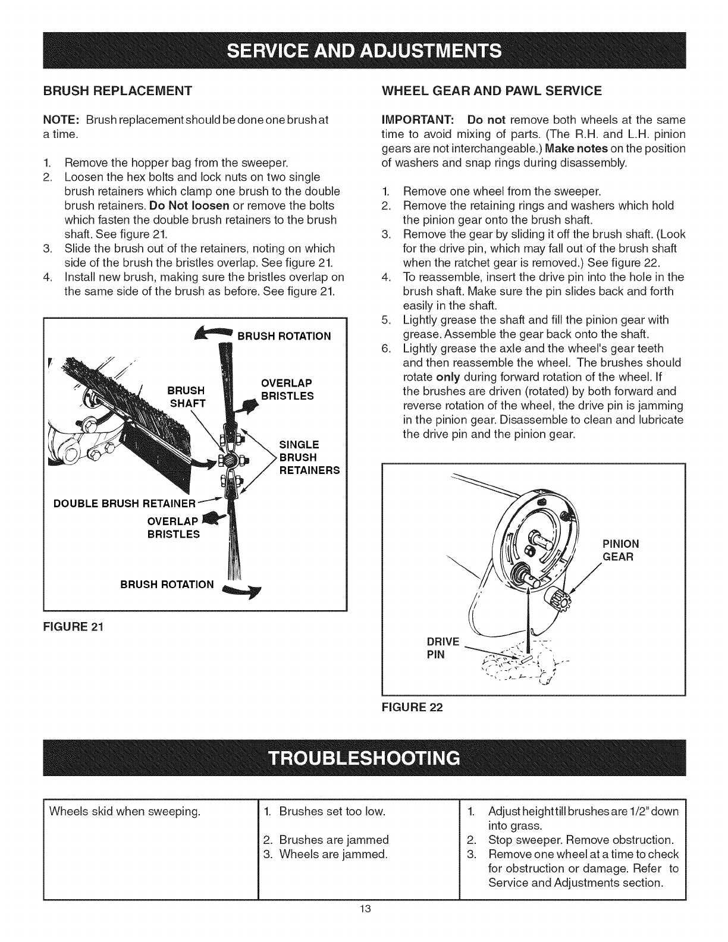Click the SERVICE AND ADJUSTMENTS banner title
click(x=363, y=48)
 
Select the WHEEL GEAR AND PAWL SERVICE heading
click(x=491, y=91)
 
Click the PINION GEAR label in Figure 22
click(x=621, y=550)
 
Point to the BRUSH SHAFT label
click(x=187, y=397)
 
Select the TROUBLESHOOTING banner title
click(x=363, y=758)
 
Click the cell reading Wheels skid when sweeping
click(x=124, y=811)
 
